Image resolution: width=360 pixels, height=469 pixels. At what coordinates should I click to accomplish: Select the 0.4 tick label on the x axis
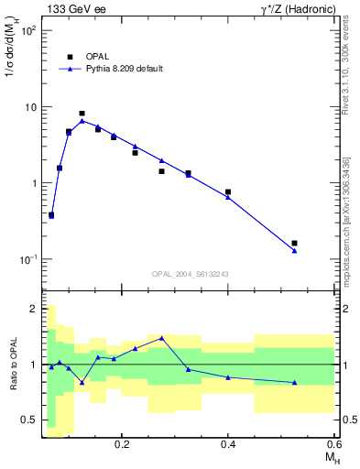228,444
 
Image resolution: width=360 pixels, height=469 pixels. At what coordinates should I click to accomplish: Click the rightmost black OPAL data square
294,244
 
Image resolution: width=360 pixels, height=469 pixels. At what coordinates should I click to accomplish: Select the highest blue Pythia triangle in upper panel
82,120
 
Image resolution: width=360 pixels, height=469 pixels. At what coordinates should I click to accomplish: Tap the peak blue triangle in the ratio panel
161,338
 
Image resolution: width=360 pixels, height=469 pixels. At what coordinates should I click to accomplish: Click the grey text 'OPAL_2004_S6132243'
190,274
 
